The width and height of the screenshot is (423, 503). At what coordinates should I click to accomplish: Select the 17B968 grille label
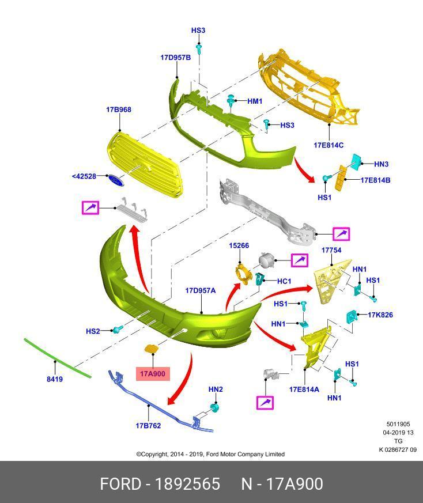coord(118,109)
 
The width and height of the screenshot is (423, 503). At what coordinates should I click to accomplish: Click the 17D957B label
coord(175,58)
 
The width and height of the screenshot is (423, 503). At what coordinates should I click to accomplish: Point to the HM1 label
coord(255,101)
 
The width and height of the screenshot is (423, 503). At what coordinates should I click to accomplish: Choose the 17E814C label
coord(328,145)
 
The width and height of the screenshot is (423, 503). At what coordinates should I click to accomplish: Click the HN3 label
coord(382,164)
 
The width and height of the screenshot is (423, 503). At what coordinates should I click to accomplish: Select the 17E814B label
coord(375,180)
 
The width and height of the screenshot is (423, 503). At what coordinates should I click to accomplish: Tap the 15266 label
coord(239,245)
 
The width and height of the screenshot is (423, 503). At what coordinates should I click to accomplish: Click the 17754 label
coord(331,251)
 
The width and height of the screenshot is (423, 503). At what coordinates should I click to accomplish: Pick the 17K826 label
coord(380,315)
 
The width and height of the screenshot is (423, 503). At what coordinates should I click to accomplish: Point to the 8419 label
coord(55,379)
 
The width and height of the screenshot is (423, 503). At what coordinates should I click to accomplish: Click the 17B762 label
coord(148,426)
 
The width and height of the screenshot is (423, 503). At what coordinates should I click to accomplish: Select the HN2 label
coord(216,389)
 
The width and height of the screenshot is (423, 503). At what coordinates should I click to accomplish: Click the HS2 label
coord(93,331)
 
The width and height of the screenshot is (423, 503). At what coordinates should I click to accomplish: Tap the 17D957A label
coord(200,291)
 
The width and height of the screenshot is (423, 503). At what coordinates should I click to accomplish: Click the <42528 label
coord(84,176)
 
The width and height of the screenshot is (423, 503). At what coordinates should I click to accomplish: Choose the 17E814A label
coord(304,389)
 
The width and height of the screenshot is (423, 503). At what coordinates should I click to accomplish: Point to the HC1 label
coord(284,281)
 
